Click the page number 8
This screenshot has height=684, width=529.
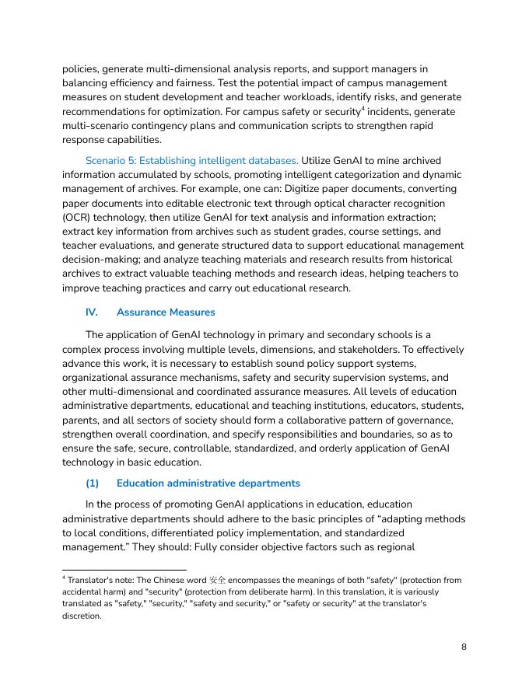click(464, 647)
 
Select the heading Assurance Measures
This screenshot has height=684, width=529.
click(166, 312)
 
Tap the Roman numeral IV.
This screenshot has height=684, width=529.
click(92, 312)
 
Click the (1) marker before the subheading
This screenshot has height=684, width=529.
click(93, 483)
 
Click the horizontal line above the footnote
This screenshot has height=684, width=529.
click(124, 571)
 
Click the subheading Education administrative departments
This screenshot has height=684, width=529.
click(208, 483)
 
